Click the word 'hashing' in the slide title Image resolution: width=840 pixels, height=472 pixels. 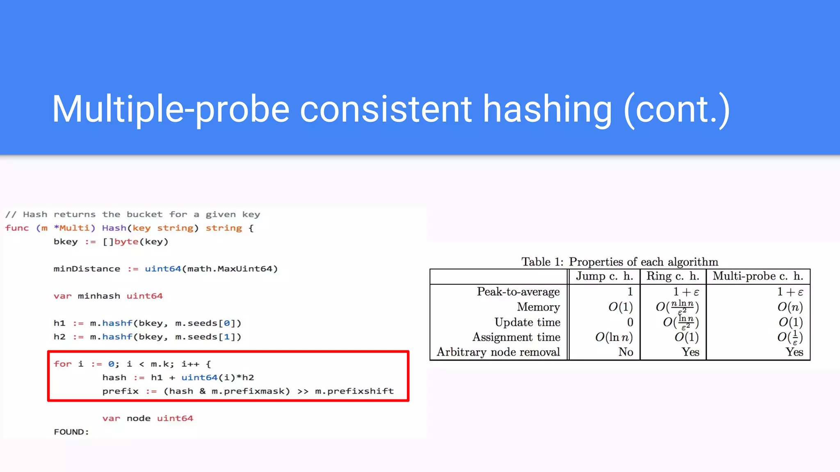tap(547, 109)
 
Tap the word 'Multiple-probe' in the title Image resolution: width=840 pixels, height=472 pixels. tap(171, 109)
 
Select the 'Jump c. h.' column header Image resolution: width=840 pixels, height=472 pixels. tap(604, 276)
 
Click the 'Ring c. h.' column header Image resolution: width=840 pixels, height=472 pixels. tap(673, 276)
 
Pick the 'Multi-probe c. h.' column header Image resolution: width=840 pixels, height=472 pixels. tap(758, 276)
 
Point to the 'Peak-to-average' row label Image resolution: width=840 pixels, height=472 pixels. tap(518, 292)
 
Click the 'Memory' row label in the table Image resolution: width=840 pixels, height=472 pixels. tap(538, 307)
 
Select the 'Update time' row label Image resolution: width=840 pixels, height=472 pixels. tap(527, 322)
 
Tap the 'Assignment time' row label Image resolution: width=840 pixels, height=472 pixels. tap(516, 337)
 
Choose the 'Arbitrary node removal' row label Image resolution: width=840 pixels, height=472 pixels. tap(498, 352)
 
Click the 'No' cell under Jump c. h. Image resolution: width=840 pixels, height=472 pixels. tap(625, 352)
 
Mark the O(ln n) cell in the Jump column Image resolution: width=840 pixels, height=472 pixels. tap(614, 337)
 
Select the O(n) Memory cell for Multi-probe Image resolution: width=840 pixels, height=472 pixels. tap(790, 307)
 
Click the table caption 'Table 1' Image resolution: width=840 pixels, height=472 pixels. tap(542, 262)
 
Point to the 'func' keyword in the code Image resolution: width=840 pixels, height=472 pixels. tap(17, 228)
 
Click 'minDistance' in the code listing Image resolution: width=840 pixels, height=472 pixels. tap(87, 269)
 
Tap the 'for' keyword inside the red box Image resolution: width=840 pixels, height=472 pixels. tap(62, 364)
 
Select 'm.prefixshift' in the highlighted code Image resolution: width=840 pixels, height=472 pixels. tap(354, 391)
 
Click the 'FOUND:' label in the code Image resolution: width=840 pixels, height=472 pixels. tap(71, 432)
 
